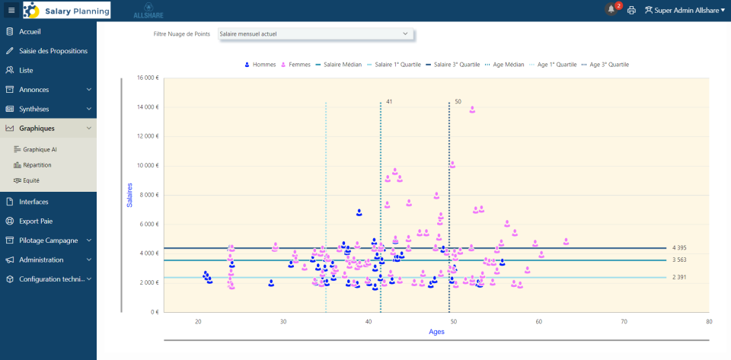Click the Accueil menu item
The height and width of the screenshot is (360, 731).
pos(30,31)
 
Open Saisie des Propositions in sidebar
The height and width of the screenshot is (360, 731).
pos(53,51)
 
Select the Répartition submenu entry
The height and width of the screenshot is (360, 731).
pos(37,164)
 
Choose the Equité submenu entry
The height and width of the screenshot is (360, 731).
pos(30,180)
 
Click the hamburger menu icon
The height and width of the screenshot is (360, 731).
pos(11,10)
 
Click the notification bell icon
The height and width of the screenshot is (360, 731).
pos(611,10)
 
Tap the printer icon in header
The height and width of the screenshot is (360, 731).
pos(631,11)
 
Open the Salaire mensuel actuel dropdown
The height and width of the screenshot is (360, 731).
pos(314,33)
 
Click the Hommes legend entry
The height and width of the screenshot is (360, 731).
pos(260,65)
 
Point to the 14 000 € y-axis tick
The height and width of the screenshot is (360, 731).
pos(147,107)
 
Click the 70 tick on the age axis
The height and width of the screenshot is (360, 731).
pos(624,322)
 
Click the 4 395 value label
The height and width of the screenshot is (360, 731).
pos(679,248)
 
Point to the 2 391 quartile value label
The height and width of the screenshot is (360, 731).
pos(679,277)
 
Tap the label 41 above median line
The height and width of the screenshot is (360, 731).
pos(388,101)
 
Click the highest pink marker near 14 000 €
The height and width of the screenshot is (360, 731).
pos(472,110)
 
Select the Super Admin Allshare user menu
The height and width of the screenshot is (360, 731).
pos(685,11)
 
